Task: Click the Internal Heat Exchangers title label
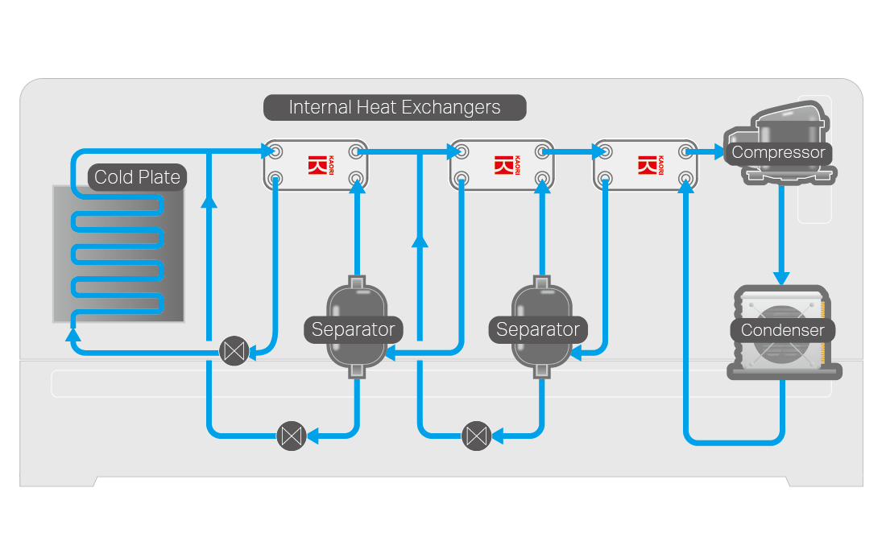tap(395, 107)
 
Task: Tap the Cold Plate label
tap(137, 177)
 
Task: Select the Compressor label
tap(778, 152)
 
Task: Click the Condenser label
tap(782, 330)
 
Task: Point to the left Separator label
tap(353, 329)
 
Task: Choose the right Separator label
tap(537, 329)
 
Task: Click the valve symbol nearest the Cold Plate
tap(234, 351)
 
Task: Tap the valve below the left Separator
tap(291, 436)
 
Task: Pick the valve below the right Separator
tap(476, 436)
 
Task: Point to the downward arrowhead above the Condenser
tap(781, 276)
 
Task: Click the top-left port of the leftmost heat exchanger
tap(275, 151)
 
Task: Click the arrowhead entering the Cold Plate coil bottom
tap(73, 332)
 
